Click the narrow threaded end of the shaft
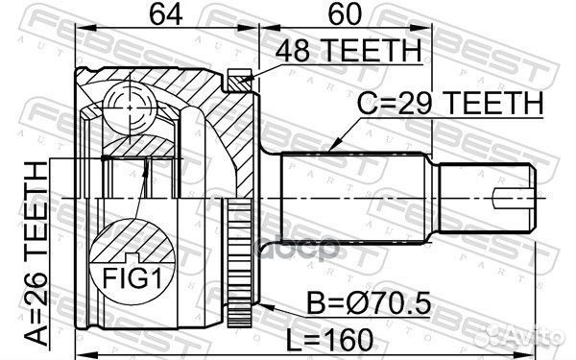click(485, 200)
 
